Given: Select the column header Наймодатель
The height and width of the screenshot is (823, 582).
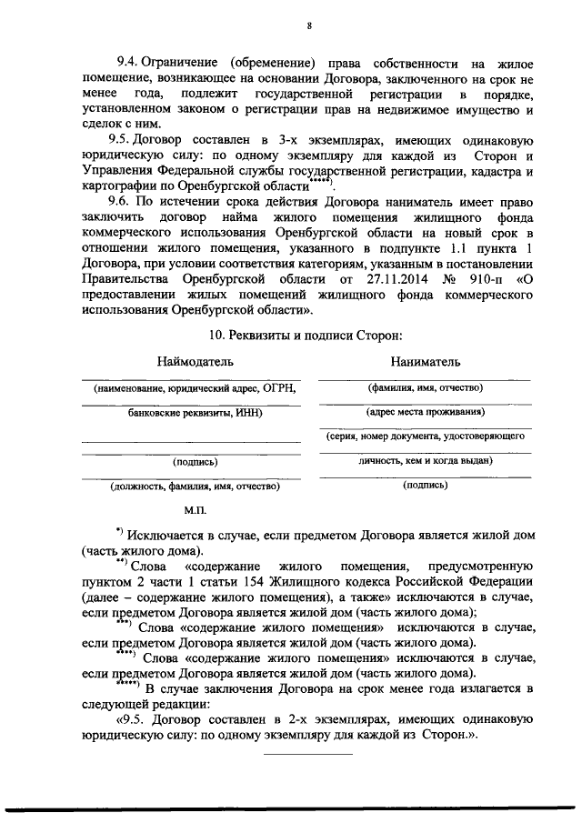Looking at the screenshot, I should pyautogui.click(x=196, y=362).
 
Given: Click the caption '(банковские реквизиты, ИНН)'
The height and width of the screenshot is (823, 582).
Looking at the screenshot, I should pyautogui.click(x=192, y=413).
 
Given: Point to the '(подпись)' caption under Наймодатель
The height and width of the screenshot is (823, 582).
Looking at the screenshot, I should pyautogui.click(x=193, y=462).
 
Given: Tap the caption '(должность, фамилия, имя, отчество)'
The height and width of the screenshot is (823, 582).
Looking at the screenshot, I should pyautogui.click(x=193, y=487).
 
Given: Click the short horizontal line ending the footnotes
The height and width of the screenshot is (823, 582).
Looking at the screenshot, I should pyautogui.click(x=308, y=753).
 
